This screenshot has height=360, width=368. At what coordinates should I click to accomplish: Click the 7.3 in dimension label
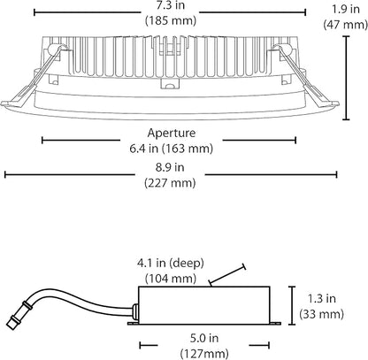click(171, 5)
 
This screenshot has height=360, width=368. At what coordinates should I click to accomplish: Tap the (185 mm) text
click(171, 20)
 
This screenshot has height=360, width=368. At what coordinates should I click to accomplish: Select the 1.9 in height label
click(346, 9)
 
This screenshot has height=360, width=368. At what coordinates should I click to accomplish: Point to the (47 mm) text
click(346, 24)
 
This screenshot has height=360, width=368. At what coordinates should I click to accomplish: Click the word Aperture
click(172, 133)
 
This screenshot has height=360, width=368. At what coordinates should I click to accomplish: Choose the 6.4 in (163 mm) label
click(171, 149)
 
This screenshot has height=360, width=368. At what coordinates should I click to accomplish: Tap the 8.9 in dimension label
click(170, 167)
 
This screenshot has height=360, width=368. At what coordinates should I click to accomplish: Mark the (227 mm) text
click(170, 183)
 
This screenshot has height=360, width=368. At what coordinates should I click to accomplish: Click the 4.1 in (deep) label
click(170, 263)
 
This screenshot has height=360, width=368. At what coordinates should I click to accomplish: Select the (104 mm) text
click(171, 279)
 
